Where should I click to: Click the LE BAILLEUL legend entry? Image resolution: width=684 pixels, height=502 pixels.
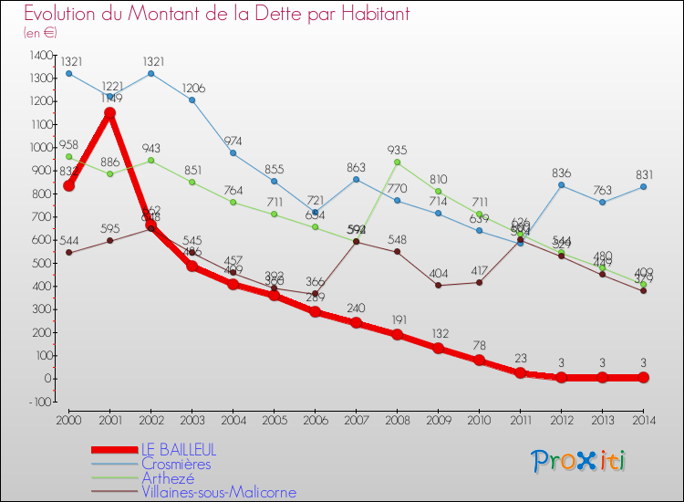point(179,450)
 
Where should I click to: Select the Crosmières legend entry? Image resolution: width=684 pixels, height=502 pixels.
point(175,464)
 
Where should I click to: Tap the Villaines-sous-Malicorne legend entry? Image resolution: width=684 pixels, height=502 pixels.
point(219,492)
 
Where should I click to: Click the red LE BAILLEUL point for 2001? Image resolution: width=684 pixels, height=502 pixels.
point(109,113)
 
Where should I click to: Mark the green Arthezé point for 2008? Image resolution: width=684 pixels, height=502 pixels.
point(397,162)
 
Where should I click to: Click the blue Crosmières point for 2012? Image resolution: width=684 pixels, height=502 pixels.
point(561,185)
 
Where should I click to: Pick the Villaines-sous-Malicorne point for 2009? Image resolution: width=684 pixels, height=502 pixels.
point(438,285)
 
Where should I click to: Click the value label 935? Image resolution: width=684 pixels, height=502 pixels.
point(397,150)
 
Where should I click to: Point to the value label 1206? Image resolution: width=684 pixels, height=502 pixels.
point(192,88)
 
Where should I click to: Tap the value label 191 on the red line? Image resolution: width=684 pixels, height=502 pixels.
point(397,320)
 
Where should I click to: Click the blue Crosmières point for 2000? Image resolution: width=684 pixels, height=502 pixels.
point(68,73)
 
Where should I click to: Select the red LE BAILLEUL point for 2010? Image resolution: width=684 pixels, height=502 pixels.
point(479,361)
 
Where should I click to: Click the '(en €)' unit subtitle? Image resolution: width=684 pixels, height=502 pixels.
point(40,32)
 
